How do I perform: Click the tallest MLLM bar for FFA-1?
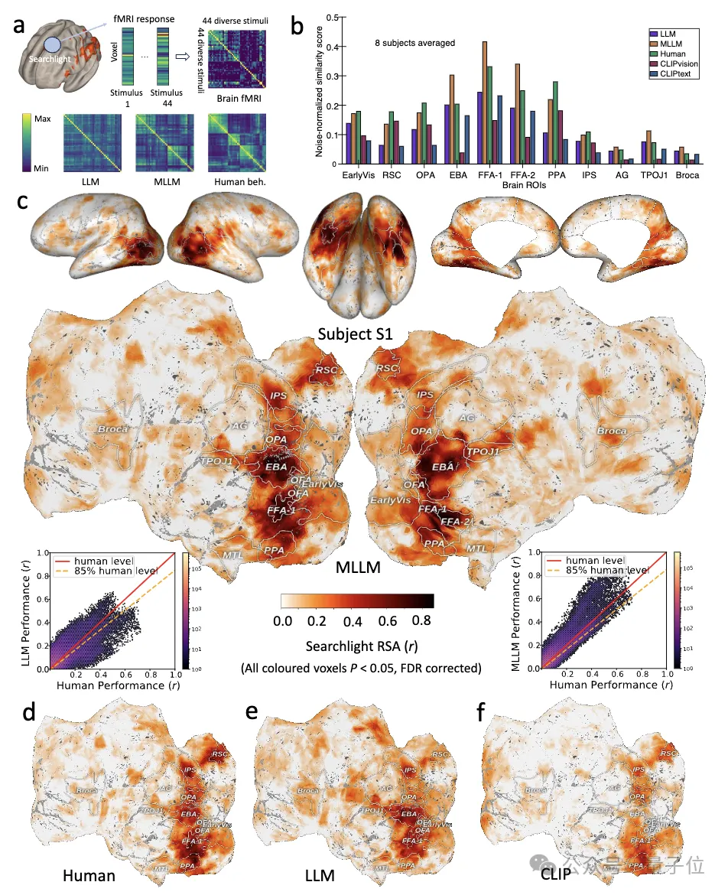tap(485, 102)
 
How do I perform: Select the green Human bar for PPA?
tap(554, 122)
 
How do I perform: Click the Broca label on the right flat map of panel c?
tap(611, 431)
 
